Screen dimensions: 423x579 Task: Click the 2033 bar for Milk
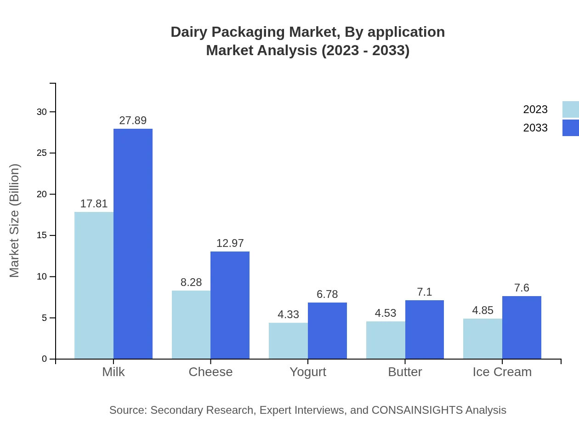point(133,244)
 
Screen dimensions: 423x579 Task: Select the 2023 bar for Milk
point(94,285)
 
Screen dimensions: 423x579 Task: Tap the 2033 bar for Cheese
point(230,305)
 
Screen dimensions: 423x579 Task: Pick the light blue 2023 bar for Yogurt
point(288,341)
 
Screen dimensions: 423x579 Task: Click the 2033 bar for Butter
point(425,329)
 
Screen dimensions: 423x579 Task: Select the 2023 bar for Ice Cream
point(482,338)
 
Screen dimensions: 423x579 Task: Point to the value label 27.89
point(133,120)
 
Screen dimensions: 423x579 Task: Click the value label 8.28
point(191,282)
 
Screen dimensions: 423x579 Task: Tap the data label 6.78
point(327,294)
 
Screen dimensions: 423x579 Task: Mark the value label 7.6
point(522,288)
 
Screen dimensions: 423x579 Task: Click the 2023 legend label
point(535,109)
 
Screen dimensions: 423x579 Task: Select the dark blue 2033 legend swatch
point(570,128)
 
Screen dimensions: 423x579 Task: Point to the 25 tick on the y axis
point(42,153)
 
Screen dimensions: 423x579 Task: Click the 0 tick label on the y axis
point(45,359)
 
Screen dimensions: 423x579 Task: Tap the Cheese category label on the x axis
point(210,372)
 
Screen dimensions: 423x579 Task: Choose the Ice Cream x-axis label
point(502,372)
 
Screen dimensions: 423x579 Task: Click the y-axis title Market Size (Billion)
point(15,221)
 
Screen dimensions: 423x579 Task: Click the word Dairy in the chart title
point(188,32)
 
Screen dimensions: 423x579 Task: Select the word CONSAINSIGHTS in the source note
point(417,410)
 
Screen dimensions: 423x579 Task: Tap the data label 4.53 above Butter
point(386,313)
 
